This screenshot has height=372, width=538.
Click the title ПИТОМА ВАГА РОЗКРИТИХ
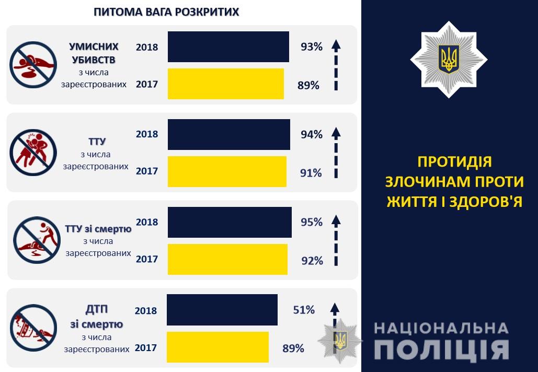pos(166,11)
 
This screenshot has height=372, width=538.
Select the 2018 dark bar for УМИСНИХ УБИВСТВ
pos(228,47)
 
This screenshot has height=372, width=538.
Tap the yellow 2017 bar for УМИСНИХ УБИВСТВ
pos(225,84)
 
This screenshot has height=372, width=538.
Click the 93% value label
pos(311,47)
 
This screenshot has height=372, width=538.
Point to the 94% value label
pos(311,134)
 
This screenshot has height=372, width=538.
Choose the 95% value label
pos(311,222)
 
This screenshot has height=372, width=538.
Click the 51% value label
pos(304,310)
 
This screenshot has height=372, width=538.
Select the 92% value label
pos(312,260)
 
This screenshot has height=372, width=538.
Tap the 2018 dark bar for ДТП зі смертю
pos(222,310)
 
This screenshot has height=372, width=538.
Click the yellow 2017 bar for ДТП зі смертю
pos(218,347)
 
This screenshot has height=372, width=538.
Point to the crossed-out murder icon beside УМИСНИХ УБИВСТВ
pos(33,64)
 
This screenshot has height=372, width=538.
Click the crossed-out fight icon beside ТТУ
pos(33,152)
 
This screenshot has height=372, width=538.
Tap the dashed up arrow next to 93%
pos(336,65)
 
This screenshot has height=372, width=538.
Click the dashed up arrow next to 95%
pos(336,240)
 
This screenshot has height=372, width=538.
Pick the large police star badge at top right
pos(448,59)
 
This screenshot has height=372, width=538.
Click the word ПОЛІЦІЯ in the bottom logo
pos(441,350)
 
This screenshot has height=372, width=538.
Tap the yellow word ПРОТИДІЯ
pos(454,161)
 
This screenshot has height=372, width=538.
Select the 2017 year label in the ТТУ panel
pos(147,171)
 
